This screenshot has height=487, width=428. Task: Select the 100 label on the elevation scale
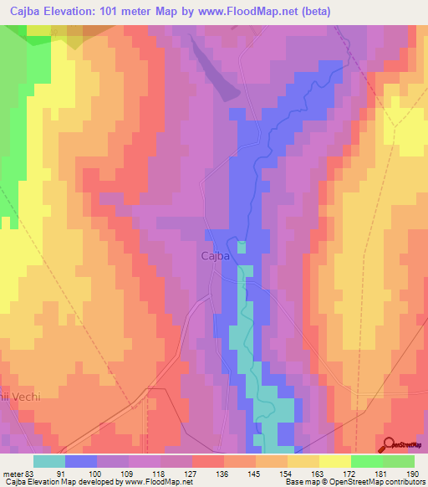[97, 474]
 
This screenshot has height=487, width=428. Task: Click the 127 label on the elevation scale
[192, 474]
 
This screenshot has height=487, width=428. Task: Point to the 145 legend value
[256, 474]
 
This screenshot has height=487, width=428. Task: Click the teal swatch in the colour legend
[49, 461]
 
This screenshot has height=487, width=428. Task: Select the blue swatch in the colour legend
[81, 461]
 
